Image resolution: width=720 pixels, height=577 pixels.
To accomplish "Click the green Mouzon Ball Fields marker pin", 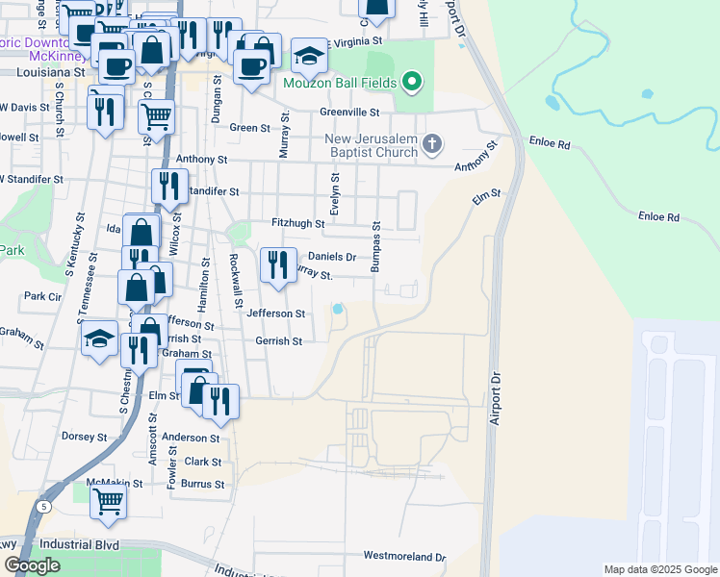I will click(412, 82).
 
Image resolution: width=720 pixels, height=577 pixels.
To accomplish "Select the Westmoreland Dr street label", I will click(404, 557).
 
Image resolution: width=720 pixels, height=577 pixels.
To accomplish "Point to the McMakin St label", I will click(114, 483).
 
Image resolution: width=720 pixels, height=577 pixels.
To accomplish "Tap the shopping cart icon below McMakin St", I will click(109, 501).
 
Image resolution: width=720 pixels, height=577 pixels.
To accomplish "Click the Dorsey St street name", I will click(84, 437).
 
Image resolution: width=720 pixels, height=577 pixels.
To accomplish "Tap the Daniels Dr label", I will click(332, 258).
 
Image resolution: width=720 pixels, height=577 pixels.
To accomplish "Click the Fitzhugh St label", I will click(297, 223).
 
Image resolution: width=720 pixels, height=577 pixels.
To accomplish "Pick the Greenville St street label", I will click(352, 112).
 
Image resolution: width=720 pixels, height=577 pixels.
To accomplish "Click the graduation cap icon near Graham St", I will click(99, 339).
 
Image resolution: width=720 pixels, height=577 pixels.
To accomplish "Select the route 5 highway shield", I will click(44, 506).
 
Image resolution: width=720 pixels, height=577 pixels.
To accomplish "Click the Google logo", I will click(32, 565).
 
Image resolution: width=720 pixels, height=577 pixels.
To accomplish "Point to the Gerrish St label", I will click(279, 341).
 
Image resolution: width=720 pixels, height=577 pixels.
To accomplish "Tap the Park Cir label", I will click(42, 296).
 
